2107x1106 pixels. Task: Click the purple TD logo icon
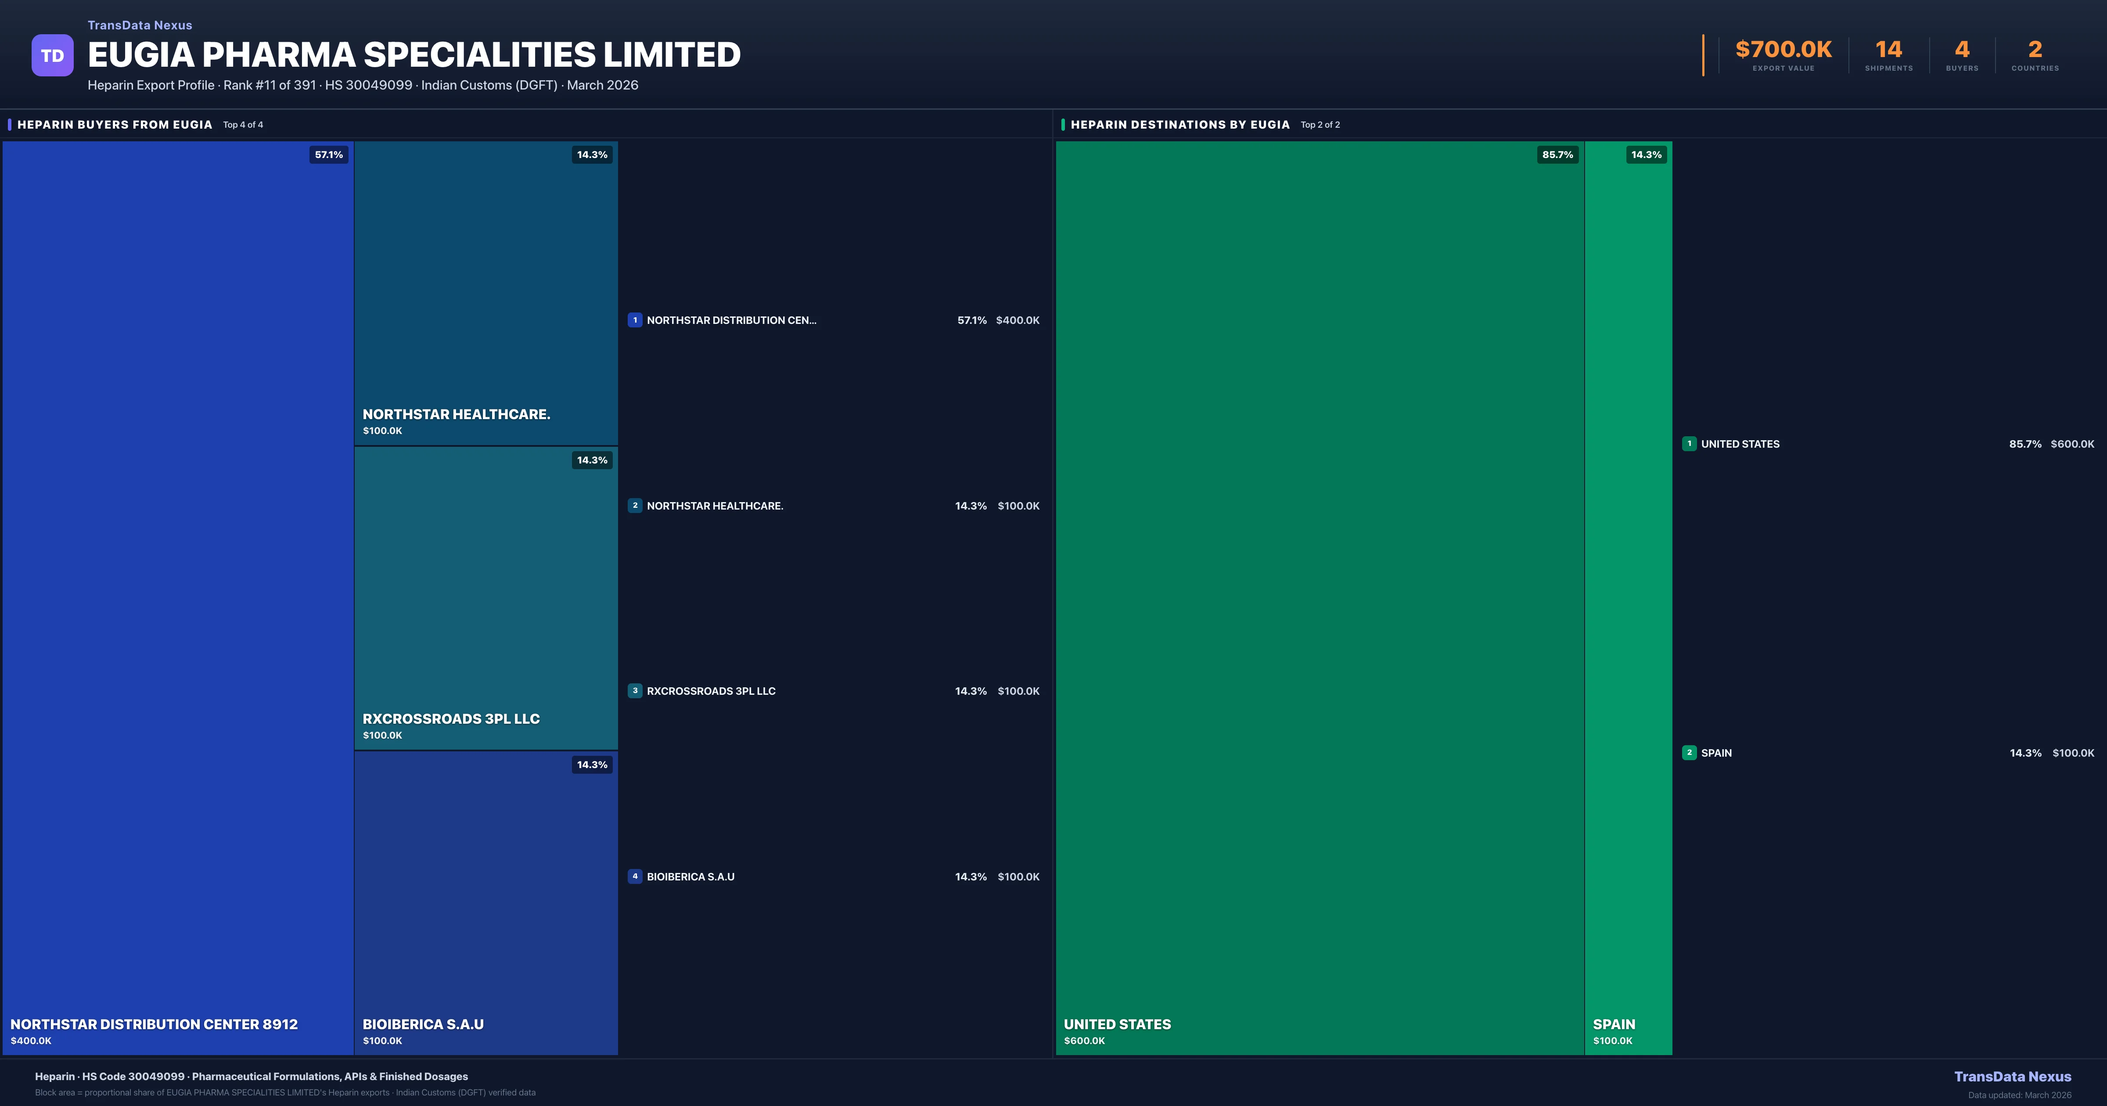click(x=52, y=56)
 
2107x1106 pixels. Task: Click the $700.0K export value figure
click(x=1783, y=50)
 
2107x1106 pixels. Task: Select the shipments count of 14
click(x=1888, y=50)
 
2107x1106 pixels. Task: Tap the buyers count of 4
click(x=1961, y=50)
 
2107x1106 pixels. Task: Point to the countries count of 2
click(x=2035, y=50)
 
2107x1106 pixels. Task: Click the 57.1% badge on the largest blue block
click(x=329, y=154)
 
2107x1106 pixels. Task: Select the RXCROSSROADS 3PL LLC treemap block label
click(x=451, y=719)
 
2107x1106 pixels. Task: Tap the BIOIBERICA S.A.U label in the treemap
click(x=423, y=1024)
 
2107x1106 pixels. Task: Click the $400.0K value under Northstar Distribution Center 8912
click(x=31, y=1041)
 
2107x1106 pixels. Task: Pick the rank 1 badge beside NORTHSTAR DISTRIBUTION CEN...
click(x=635, y=320)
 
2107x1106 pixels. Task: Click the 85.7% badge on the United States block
click(x=1557, y=154)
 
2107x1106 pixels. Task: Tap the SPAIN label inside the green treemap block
click(x=1614, y=1024)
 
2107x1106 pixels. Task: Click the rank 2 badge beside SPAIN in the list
click(x=1689, y=753)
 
